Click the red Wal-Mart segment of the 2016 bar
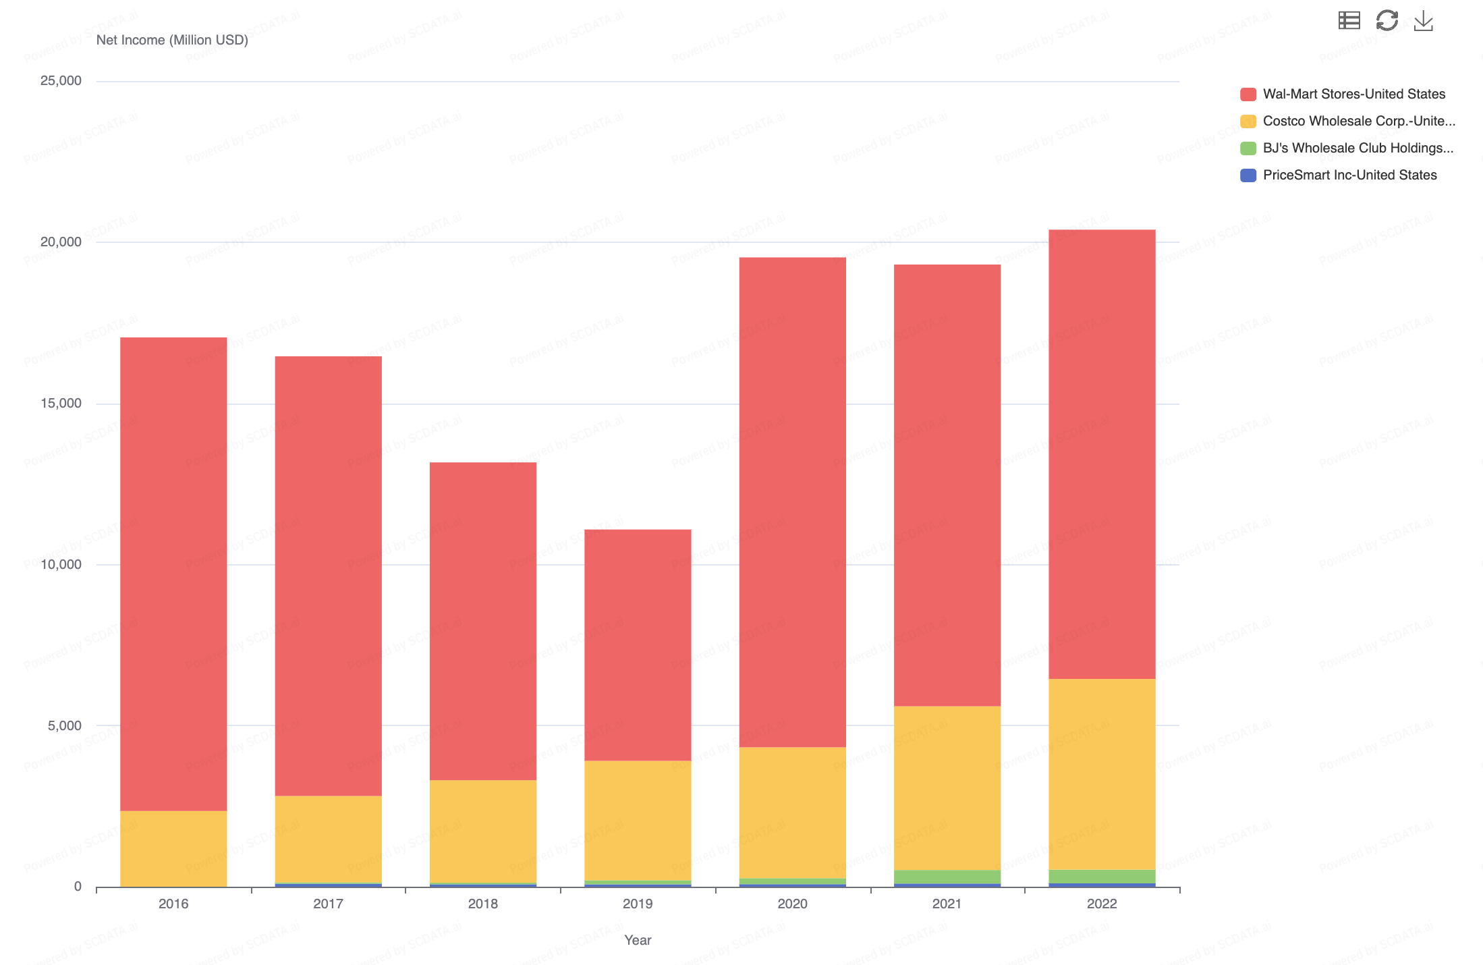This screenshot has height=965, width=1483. point(173,574)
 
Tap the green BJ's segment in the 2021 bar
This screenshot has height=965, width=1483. point(947,877)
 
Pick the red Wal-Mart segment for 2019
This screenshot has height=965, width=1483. point(638,644)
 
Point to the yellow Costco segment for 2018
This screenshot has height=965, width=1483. point(483,831)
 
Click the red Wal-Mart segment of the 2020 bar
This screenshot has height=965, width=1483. point(792,502)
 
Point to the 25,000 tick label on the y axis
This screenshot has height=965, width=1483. point(61,80)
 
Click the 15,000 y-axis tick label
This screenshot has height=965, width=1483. point(61,403)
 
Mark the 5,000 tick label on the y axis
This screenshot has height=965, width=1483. point(64,725)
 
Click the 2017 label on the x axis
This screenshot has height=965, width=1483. point(328,904)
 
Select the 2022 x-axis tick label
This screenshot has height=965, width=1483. point(1102,904)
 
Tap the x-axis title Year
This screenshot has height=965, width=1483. point(638,940)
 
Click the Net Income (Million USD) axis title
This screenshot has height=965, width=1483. point(172,40)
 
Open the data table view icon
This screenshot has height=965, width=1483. point(1349,20)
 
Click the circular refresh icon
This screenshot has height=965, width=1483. point(1387,20)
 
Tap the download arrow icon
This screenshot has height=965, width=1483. point(1424,20)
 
